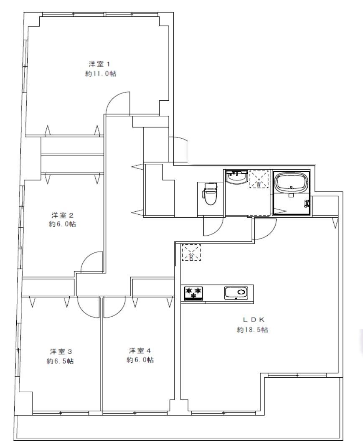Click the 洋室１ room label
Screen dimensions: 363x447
tap(99, 63)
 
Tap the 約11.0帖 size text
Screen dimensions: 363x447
tap(101, 74)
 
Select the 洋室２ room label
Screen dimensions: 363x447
tap(62, 215)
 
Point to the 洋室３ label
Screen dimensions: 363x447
tap(61, 351)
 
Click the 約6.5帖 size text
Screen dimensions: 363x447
tap(60, 361)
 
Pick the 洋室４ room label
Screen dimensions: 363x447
tap(140, 350)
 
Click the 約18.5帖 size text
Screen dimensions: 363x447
tap(252, 330)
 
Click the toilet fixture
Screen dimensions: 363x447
tap(210, 194)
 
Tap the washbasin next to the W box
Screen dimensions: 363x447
tap(236, 178)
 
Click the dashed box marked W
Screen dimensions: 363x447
tap(259, 179)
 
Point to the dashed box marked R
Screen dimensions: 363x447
tap(191, 253)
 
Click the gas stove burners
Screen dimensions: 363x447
tap(194, 293)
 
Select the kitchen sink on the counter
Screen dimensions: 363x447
tap(236, 293)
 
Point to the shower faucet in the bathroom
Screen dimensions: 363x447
tap(307, 203)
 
